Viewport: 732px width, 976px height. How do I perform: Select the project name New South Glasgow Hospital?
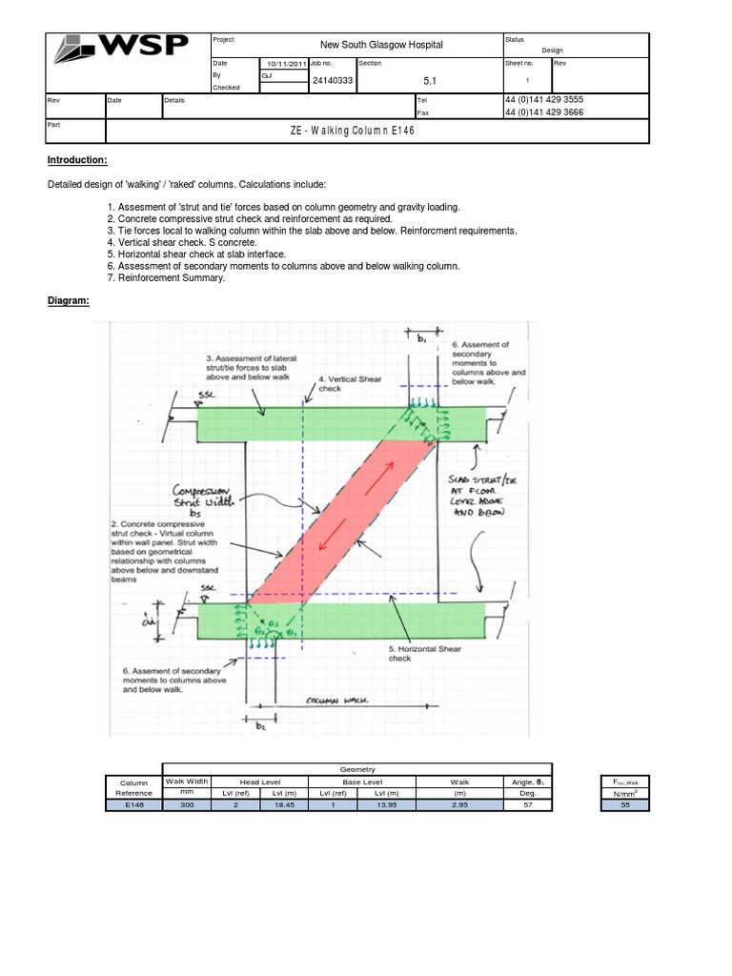pyautogui.click(x=381, y=45)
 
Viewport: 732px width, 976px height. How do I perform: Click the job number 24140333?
pyautogui.click(x=333, y=81)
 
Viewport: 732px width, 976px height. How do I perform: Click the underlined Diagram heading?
pyautogui.click(x=69, y=301)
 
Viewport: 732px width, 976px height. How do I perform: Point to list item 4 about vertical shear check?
pyautogui.click(x=191, y=242)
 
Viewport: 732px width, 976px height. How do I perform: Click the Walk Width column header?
pyautogui.click(x=188, y=782)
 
